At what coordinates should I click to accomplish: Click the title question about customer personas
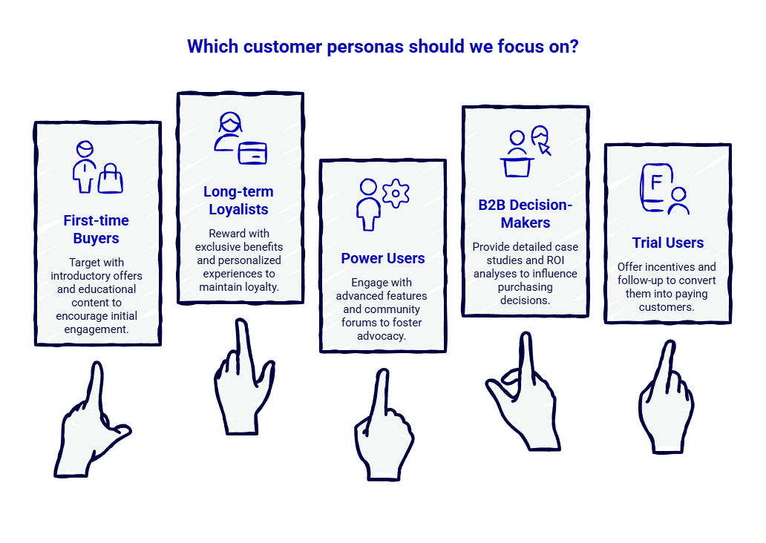pyautogui.click(x=383, y=47)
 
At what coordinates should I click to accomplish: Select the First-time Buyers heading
pyautogui.click(x=96, y=229)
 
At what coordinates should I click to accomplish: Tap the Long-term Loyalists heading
pyautogui.click(x=238, y=200)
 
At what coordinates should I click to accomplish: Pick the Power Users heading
pyautogui.click(x=383, y=259)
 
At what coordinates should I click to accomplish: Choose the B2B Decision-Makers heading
pyautogui.click(x=525, y=214)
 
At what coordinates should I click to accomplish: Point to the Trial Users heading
pyautogui.click(x=667, y=243)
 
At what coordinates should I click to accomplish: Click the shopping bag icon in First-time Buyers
pyautogui.click(x=111, y=177)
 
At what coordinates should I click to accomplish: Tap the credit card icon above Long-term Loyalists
pyautogui.click(x=252, y=152)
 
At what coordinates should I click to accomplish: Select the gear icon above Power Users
pyautogui.click(x=396, y=193)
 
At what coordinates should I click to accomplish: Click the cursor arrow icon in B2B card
pyautogui.click(x=545, y=148)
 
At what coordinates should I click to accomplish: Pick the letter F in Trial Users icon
pyautogui.click(x=655, y=182)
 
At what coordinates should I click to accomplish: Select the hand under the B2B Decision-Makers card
pyautogui.click(x=527, y=401)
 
